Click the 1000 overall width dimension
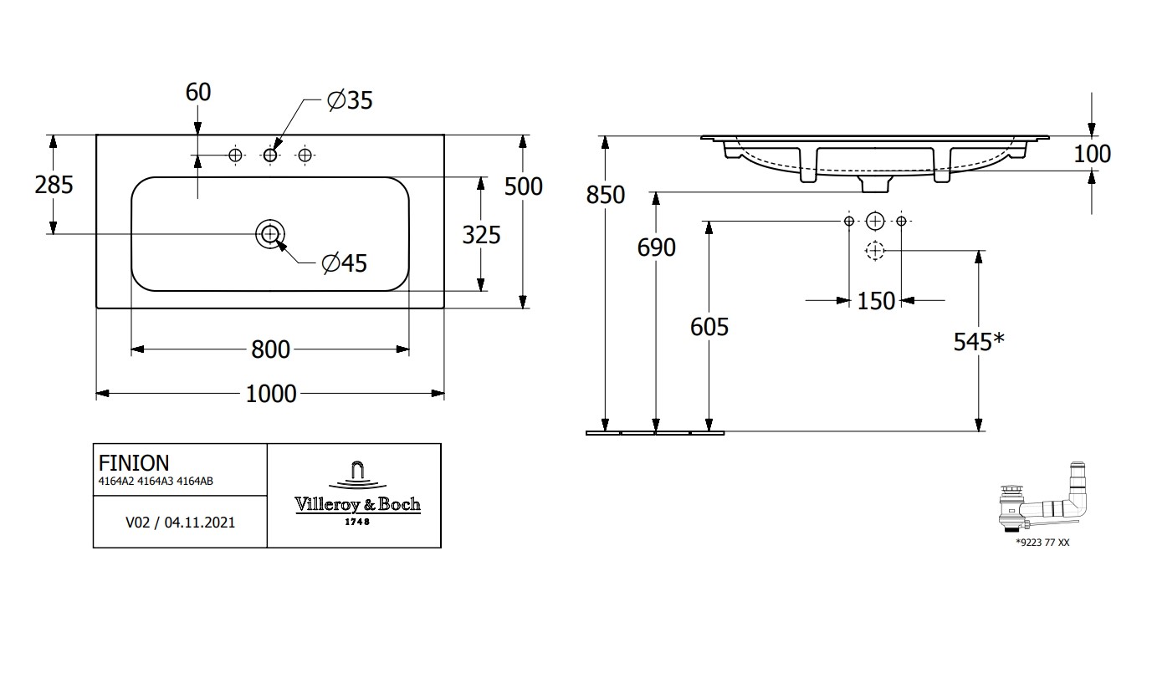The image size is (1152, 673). (x=271, y=393)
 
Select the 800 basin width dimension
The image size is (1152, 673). (x=271, y=349)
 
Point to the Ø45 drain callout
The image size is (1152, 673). (x=345, y=263)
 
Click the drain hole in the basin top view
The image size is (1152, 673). (x=269, y=234)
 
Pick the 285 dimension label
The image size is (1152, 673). (x=54, y=184)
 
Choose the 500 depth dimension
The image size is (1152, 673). (x=524, y=186)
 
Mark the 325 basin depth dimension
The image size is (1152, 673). (x=481, y=235)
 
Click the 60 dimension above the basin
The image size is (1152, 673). (x=198, y=92)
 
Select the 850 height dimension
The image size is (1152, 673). (x=606, y=195)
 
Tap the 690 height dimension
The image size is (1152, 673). (x=656, y=247)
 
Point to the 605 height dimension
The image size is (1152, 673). (x=709, y=327)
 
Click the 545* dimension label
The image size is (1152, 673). (x=979, y=341)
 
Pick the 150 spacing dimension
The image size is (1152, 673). (x=876, y=301)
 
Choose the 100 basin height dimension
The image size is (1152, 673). (x=1093, y=154)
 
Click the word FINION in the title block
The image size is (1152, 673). (x=134, y=463)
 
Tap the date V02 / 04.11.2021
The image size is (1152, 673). (x=180, y=523)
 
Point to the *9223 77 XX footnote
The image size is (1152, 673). (x=1042, y=543)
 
